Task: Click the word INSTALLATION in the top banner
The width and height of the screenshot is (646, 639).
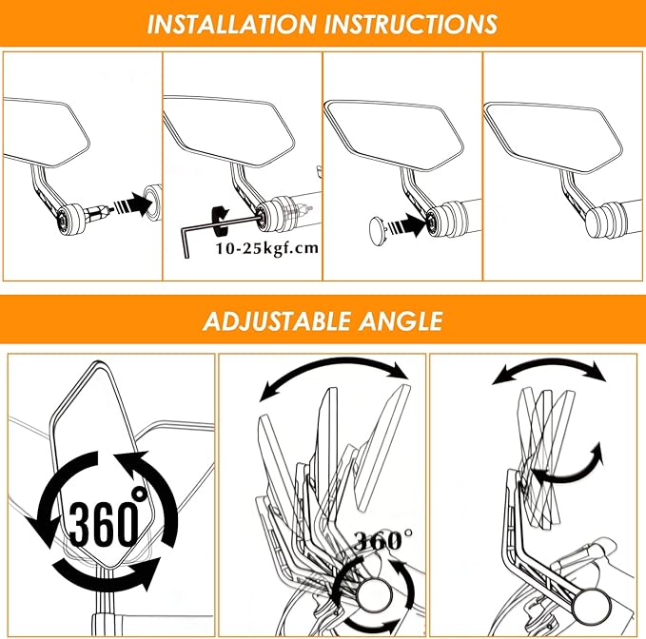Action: (231, 24)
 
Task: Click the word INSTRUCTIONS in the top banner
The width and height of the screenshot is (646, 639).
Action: (411, 24)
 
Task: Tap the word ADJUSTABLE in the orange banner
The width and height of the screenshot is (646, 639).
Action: (277, 321)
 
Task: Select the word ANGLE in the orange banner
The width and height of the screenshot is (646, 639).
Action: (400, 321)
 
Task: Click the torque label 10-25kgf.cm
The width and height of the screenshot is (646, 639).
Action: (267, 249)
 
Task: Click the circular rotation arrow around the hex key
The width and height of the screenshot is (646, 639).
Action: (219, 222)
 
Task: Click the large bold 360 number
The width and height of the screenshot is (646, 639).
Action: (103, 524)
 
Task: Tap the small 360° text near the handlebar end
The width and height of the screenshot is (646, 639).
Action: (383, 540)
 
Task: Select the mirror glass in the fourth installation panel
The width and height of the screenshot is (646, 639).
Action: (552, 136)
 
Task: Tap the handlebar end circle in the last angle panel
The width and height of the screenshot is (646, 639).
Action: (587, 609)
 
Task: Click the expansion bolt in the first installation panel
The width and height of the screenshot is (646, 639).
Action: (98, 213)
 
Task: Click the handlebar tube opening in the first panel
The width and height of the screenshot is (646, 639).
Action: (151, 197)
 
